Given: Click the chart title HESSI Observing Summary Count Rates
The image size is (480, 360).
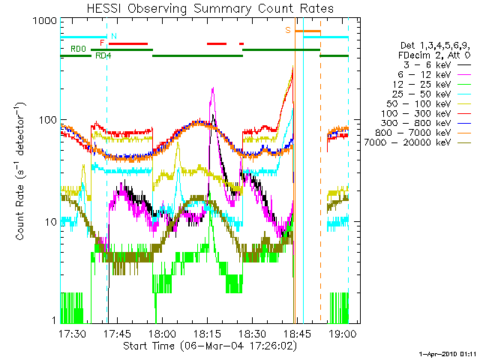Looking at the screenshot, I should [x=204, y=8].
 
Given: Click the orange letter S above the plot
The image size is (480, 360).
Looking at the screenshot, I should [x=287, y=30].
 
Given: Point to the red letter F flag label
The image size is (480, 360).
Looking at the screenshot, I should [x=102, y=43].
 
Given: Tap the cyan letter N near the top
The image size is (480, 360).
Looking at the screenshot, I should [x=113, y=36].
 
